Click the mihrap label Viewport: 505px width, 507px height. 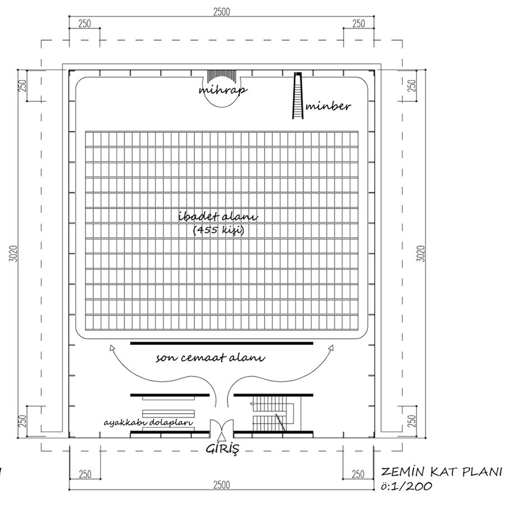(223, 90)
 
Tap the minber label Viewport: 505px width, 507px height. (328, 106)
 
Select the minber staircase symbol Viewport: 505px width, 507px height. (298, 95)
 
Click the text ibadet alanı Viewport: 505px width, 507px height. (218, 216)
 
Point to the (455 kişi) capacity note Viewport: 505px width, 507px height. (219, 230)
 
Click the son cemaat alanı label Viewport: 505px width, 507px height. (210, 358)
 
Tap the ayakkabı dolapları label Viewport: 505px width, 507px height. (148, 423)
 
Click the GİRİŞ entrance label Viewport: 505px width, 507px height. (223, 449)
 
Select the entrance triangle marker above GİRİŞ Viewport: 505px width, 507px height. (221, 436)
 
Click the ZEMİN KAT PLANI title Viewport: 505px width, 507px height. (442, 472)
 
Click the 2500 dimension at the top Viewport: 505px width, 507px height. (222, 12)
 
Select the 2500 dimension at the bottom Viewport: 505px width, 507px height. (222, 485)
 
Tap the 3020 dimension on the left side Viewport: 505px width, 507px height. (13, 254)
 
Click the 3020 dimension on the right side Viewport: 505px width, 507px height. (421, 254)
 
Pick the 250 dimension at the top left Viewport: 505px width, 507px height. (85, 24)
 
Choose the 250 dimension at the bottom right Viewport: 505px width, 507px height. (359, 474)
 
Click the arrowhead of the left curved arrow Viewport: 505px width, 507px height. (112, 348)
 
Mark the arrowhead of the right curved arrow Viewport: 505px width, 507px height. (331, 348)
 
